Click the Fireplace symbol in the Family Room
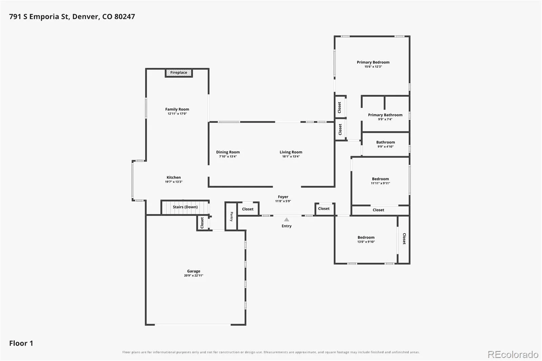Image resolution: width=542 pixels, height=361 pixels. coord(179,73)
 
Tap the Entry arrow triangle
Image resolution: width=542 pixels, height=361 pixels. coord(287,219)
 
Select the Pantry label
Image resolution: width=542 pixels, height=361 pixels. coord(231,216)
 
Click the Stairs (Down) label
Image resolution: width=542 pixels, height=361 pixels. coord(185,207)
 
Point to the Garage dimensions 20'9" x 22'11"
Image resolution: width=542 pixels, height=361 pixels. coord(193,275)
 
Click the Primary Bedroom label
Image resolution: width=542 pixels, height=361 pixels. coord(373,62)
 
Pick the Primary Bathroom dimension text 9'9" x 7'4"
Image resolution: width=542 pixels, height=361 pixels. coord(385,119)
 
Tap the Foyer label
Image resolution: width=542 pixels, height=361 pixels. coord(283,197)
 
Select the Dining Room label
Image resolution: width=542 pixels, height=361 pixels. coord(228,152)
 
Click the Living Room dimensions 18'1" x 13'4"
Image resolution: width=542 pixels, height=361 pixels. coord(291,156)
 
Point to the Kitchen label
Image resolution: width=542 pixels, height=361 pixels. coord(174,177)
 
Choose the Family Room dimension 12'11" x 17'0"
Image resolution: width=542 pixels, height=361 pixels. coord(177,114)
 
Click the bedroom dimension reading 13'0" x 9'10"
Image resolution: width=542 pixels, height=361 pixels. coord(366,242)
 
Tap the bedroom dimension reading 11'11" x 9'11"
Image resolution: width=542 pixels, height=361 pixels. coord(380,183)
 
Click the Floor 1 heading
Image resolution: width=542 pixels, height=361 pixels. coord(21,343)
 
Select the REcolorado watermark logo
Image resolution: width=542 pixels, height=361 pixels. coord(513,355)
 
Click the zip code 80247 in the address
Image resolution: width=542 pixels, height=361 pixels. coord(125,17)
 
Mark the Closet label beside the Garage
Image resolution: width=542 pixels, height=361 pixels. coord(202,222)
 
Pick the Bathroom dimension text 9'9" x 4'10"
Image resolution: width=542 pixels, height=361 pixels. coord(385,147)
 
